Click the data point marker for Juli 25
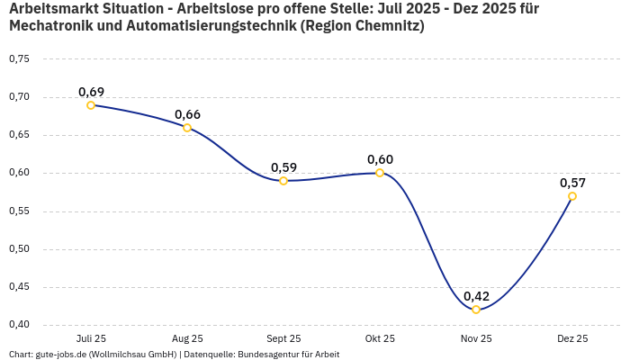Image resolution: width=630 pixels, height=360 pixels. point(91,105)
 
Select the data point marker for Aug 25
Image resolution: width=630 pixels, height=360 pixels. point(187,128)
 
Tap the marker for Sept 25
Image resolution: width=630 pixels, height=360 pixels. point(283,181)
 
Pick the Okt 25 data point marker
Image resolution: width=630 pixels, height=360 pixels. point(380,173)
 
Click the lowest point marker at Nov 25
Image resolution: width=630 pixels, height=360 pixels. point(476,310)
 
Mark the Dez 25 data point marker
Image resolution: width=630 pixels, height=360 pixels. point(572,196)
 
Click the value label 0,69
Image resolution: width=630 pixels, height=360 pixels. point(91,92)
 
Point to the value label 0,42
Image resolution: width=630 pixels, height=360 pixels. point(476,296)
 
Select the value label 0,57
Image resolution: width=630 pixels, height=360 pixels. point(572,183)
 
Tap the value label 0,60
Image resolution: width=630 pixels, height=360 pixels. point(380,159)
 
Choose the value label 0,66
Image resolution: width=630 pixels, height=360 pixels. point(187,114)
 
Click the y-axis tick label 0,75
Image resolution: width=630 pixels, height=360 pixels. point(19,59)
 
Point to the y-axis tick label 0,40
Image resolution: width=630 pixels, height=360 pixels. point(19,325)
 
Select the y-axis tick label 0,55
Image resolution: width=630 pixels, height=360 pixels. point(19,211)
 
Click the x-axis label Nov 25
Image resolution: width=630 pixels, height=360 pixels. point(476,338)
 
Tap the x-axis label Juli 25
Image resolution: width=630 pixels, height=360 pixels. point(91,338)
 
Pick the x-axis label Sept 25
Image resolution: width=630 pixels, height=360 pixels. point(283,338)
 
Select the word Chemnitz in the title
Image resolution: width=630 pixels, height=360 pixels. point(383,26)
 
